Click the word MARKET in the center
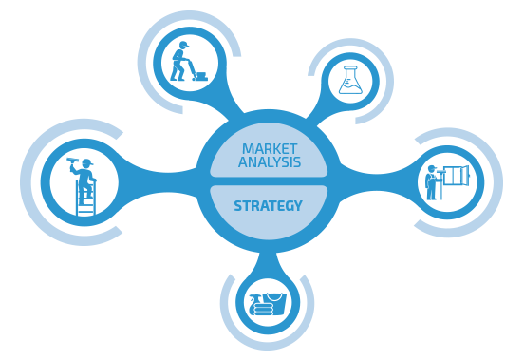tap(270, 149)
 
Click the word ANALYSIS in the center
tap(270, 161)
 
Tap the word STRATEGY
tap(268, 205)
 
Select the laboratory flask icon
tap(350, 80)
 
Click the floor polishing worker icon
tap(189, 61)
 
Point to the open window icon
tap(456, 176)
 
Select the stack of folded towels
tap(263, 310)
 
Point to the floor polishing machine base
tap(201, 76)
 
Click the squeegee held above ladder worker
tap(72, 161)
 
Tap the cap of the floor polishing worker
tap(184, 44)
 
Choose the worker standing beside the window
tap(431, 182)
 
